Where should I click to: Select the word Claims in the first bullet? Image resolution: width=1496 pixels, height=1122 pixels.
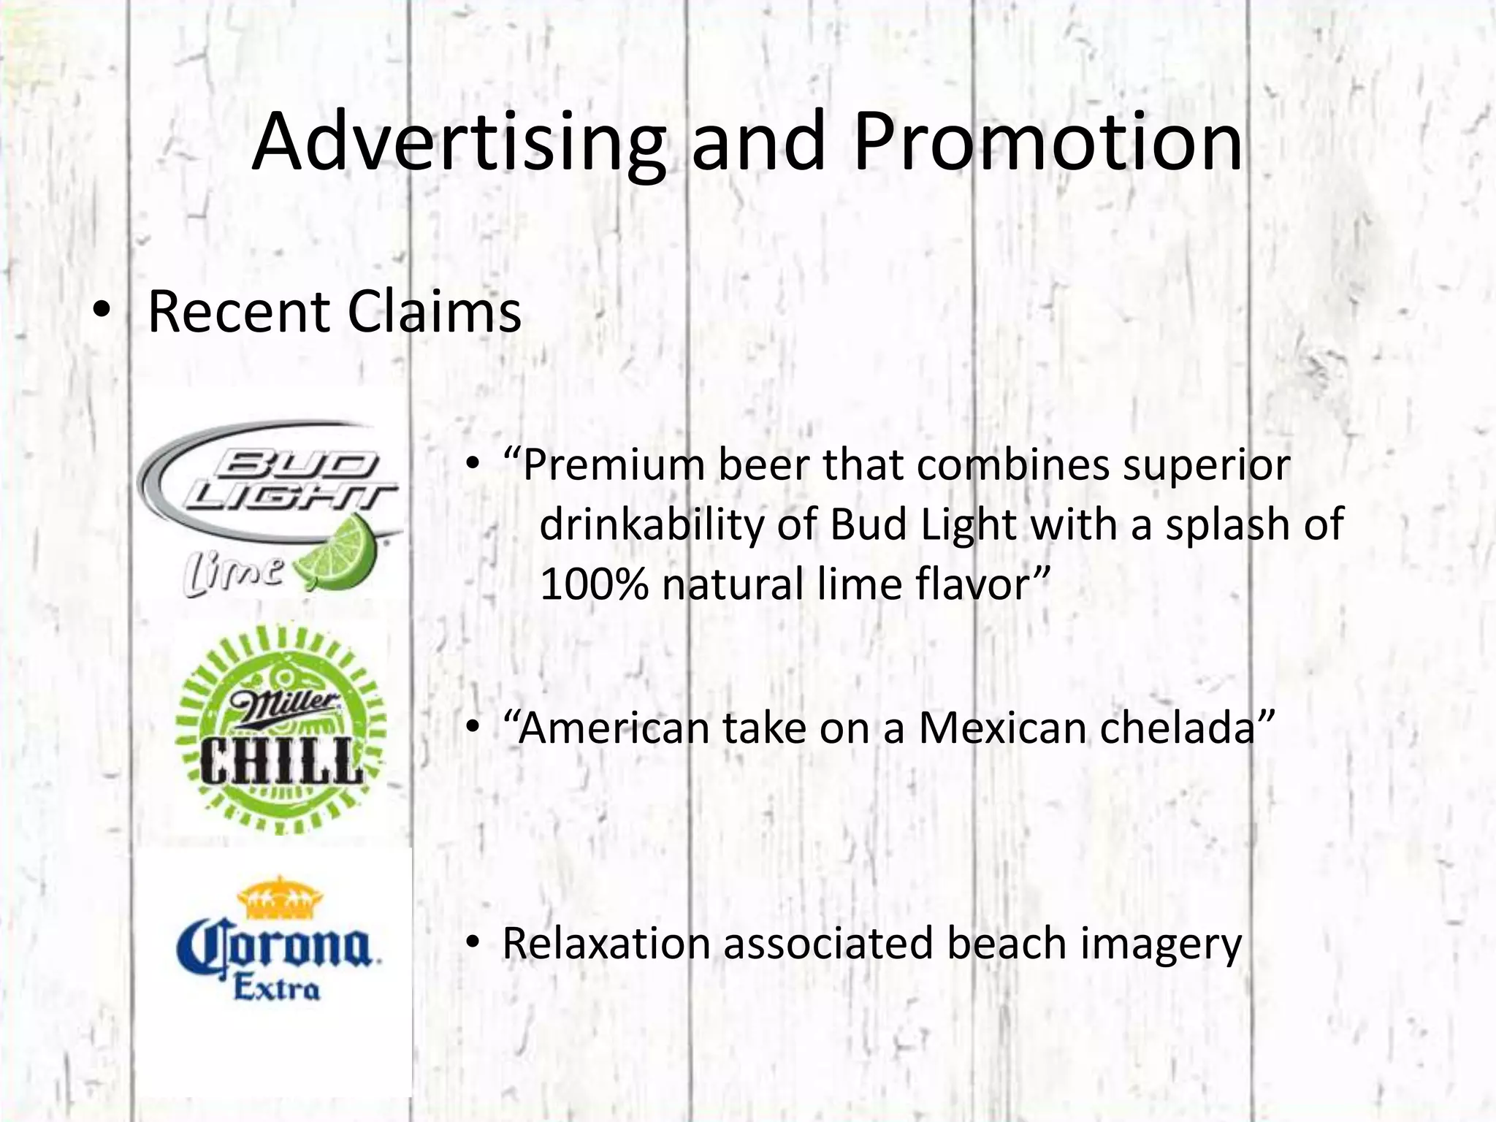434,313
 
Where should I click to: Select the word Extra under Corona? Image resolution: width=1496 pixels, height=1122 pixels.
276,989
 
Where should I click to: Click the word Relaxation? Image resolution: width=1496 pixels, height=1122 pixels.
606,943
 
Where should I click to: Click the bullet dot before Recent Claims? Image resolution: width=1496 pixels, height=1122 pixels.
102,313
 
